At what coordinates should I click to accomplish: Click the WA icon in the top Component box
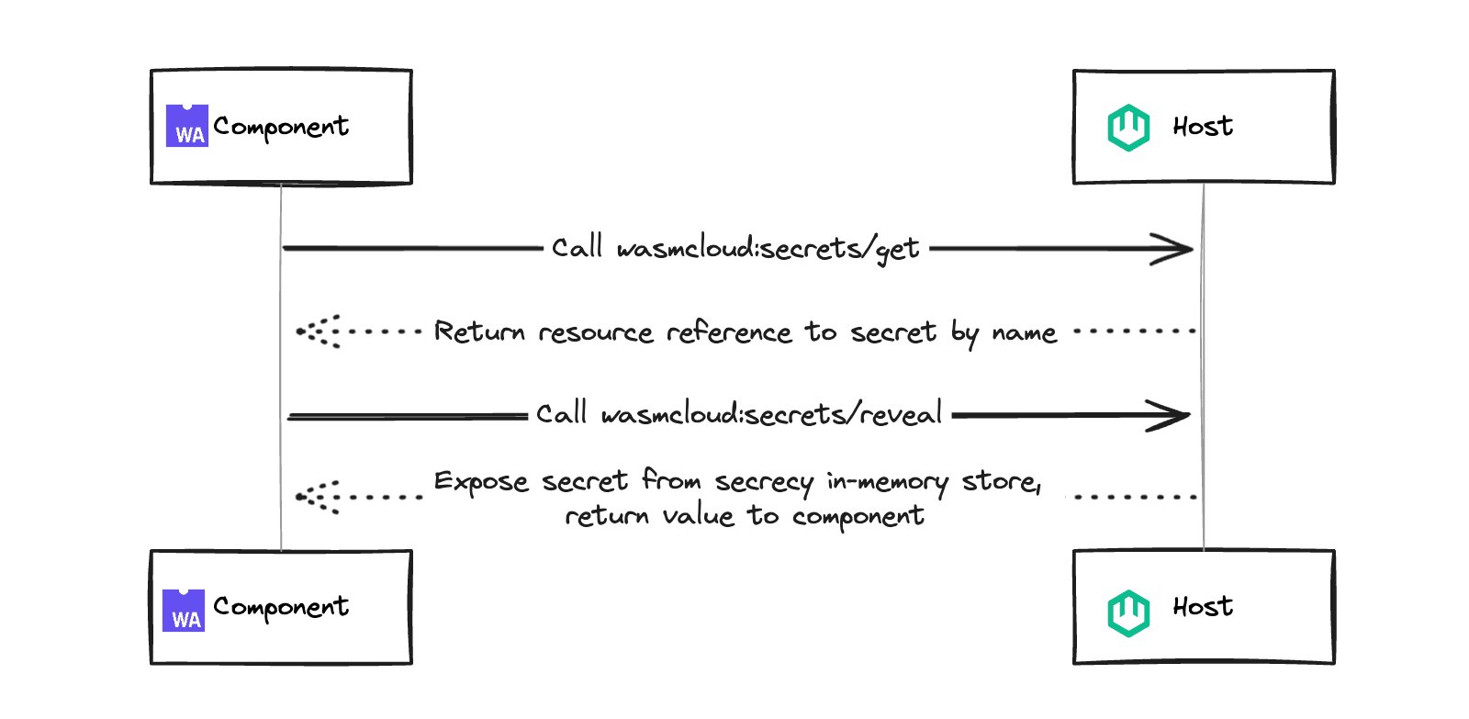click(x=187, y=126)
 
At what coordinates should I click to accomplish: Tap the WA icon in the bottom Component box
click(x=184, y=611)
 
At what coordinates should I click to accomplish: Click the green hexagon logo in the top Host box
click(x=1128, y=128)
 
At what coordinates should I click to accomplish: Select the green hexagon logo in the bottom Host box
click(x=1128, y=612)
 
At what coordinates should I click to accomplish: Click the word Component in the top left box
click(x=281, y=127)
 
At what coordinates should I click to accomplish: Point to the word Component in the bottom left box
click(x=281, y=607)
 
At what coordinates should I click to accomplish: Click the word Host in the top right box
click(x=1203, y=126)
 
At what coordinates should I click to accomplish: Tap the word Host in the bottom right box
click(x=1203, y=606)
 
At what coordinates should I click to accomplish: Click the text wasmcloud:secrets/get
click(x=768, y=249)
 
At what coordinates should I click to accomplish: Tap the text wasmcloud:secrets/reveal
click(x=771, y=415)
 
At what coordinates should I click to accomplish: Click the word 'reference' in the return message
click(x=729, y=331)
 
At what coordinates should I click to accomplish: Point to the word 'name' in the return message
click(x=1024, y=332)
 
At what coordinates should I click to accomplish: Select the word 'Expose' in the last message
click(x=481, y=481)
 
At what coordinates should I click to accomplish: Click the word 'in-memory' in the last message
click(x=887, y=481)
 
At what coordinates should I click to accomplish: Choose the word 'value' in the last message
click(x=699, y=516)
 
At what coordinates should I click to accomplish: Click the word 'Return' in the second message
click(x=479, y=331)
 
